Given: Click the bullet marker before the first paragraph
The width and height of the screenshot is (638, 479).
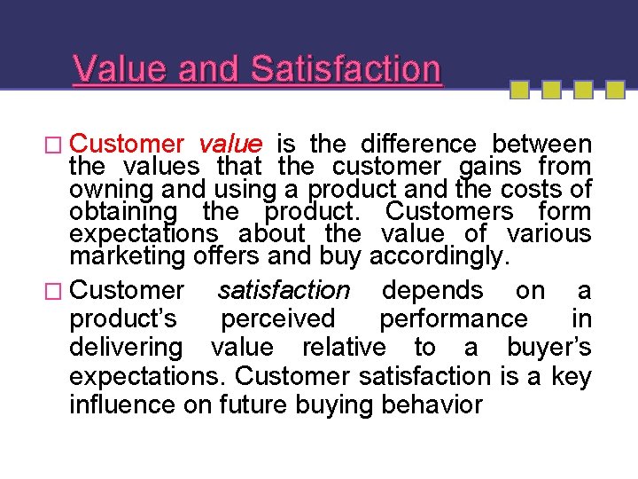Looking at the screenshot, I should [x=58, y=145].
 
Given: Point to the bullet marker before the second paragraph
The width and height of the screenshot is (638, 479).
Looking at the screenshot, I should [x=58, y=290].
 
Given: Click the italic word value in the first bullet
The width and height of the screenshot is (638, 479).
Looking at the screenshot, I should [x=230, y=145].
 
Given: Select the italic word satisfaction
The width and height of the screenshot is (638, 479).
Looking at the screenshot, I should [x=284, y=290].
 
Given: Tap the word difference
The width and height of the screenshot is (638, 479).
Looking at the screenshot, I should [x=417, y=145].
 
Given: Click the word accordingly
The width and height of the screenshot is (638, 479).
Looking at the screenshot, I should [x=440, y=256].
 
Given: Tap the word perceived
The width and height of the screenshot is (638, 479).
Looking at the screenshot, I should [x=278, y=318].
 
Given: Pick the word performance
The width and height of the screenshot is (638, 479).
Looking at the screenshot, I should [x=453, y=318].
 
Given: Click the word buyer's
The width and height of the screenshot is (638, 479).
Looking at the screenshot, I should [x=549, y=347].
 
